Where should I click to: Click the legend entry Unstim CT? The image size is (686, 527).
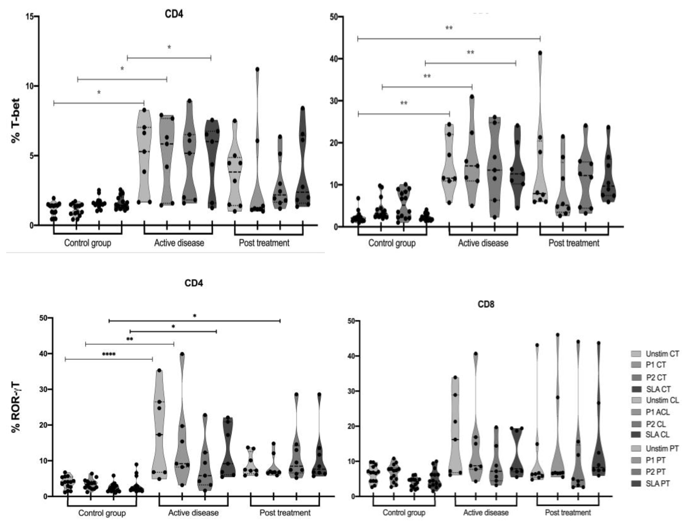tap(662, 354)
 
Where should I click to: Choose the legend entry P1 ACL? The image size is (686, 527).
tap(657, 412)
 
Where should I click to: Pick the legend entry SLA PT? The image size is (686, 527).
tap(657, 483)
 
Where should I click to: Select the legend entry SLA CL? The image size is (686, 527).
tap(657, 435)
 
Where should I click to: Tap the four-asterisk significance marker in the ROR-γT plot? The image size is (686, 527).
tap(109, 355)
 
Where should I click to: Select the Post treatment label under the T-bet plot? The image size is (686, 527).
tap(264, 243)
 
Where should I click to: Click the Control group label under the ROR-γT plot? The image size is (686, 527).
tap(102, 513)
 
